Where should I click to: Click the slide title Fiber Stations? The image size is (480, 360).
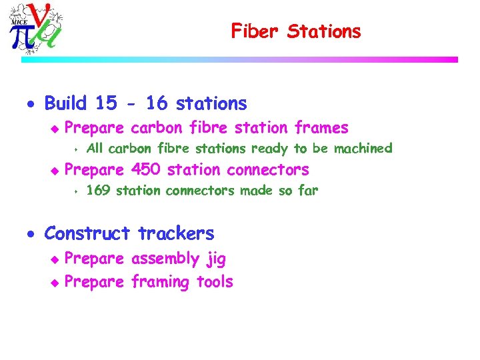[295, 31]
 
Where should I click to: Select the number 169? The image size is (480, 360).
[99, 191]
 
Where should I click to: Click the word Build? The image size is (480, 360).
[65, 103]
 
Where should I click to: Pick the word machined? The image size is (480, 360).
[363, 148]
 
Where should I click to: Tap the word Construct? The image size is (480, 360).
[87, 233]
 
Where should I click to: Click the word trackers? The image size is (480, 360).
[176, 233]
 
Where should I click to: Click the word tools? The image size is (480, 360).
[214, 282]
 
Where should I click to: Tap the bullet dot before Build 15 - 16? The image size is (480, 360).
[34, 105]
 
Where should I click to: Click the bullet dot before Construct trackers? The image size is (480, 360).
[34, 235]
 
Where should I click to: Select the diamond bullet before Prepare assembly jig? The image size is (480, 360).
[55, 259]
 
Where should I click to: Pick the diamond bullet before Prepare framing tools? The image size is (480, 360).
[55, 283]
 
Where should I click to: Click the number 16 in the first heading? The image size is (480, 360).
[156, 103]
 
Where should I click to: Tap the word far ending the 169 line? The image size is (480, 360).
[307, 191]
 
